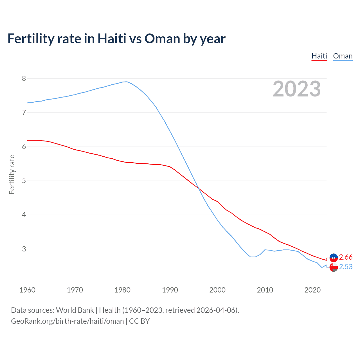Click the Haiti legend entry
[319, 56]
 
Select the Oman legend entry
[343, 56]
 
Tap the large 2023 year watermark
[297, 89]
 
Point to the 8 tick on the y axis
[24, 78]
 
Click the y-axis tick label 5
[24, 181]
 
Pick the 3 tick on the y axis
[24, 249]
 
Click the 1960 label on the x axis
[27, 290]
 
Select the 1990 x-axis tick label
[170, 290]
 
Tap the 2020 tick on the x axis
[312, 290]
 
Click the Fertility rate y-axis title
[12, 174]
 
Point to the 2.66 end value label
[346, 257]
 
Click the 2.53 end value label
[346, 267]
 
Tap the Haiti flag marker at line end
[334, 257]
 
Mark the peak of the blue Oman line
[127, 82]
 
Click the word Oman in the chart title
[162, 39]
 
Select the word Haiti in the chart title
[112, 39]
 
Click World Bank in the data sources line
[75, 310]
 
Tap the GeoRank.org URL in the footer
[67, 321]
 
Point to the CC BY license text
[139, 321]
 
